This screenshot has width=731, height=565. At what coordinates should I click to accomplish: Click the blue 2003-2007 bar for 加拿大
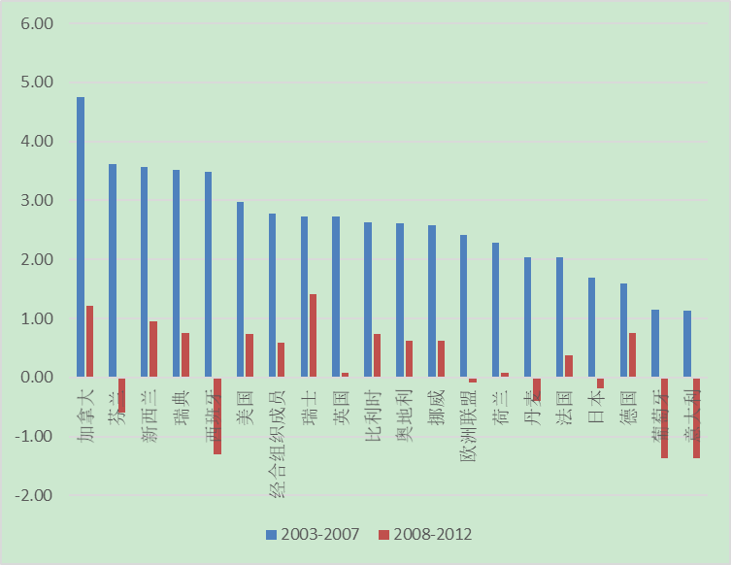pyautogui.click(x=81, y=237)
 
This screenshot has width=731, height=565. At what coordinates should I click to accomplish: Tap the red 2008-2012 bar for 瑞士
pyautogui.click(x=313, y=336)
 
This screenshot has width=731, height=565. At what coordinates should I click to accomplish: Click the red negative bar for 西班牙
pyautogui.click(x=217, y=415)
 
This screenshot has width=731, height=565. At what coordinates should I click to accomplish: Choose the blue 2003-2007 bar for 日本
pyautogui.click(x=591, y=327)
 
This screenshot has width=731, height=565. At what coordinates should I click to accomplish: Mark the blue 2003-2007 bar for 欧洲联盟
pyautogui.click(x=464, y=306)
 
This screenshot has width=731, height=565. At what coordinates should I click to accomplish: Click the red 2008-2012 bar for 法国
pyautogui.click(x=569, y=366)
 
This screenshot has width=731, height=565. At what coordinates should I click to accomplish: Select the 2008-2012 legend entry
pyautogui.click(x=425, y=534)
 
